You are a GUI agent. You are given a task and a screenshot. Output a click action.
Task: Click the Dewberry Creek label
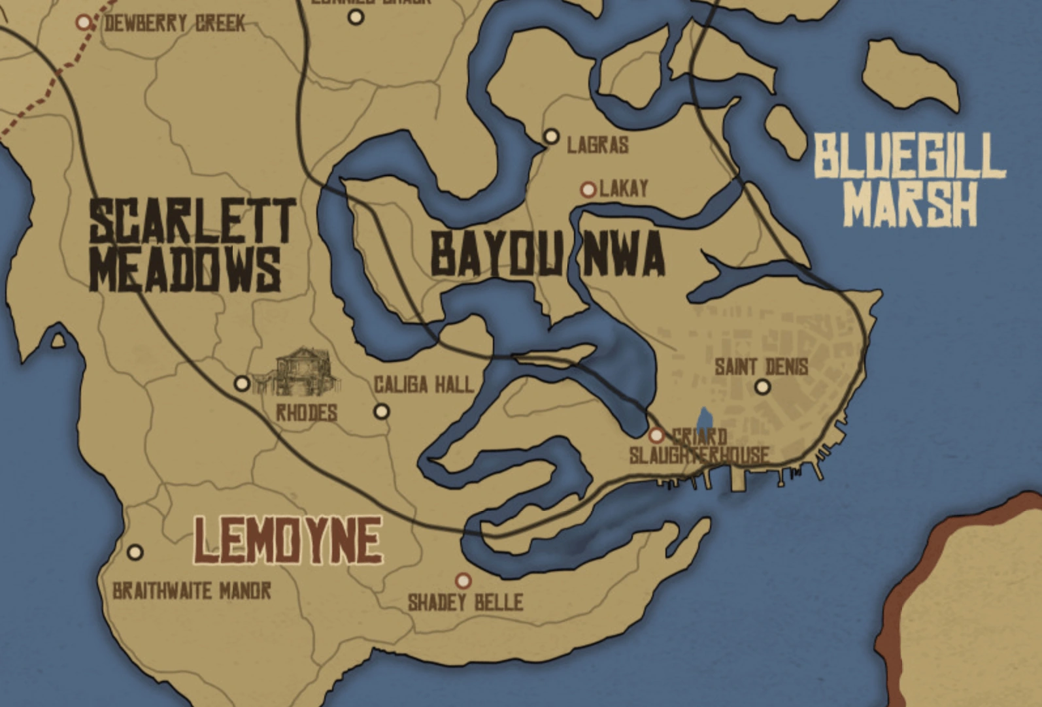click(175, 24)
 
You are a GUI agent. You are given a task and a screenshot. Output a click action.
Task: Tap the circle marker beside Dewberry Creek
click(84, 23)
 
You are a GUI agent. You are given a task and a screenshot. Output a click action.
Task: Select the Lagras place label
click(597, 144)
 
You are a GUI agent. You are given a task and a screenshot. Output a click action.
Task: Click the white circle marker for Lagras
click(552, 136)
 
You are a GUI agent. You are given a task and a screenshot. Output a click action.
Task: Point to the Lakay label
click(624, 189)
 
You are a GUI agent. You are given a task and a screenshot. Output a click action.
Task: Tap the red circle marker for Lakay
click(588, 189)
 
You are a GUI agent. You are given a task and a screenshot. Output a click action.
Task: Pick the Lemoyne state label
click(288, 540)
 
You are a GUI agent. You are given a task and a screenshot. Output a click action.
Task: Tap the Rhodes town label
click(306, 413)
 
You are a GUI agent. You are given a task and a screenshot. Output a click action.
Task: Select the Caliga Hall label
click(423, 385)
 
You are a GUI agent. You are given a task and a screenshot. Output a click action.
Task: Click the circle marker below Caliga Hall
click(381, 412)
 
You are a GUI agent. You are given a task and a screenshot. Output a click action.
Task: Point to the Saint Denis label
click(761, 367)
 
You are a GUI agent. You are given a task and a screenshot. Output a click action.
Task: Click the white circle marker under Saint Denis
click(762, 387)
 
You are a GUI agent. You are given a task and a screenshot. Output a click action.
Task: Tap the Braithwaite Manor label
click(192, 591)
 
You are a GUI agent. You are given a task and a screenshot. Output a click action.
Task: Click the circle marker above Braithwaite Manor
click(135, 552)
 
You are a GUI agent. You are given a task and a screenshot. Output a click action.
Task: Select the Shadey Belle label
click(465, 602)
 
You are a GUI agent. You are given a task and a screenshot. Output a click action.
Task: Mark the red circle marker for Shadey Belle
click(463, 580)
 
